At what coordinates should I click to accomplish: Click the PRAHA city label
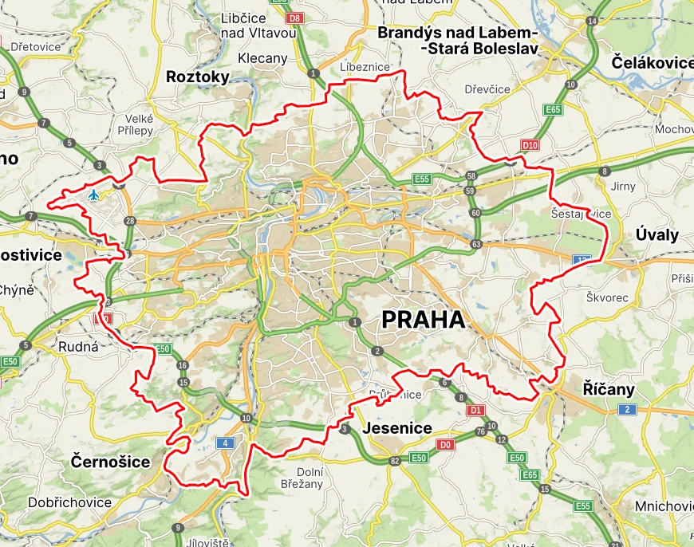(x=423, y=320)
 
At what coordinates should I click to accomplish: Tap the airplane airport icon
(x=94, y=195)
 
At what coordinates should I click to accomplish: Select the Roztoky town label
(x=198, y=77)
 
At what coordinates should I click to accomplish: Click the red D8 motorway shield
(x=295, y=17)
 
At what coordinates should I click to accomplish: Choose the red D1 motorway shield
(x=476, y=410)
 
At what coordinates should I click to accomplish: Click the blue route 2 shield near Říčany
(x=627, y=409)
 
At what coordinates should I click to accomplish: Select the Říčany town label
(x=609, y=389)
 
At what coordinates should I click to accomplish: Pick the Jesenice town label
(x=397, y=428)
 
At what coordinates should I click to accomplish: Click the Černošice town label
(x=110, y=462)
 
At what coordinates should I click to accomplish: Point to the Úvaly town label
(x=657, y=234)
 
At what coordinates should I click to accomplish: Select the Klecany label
(x=262, y=58)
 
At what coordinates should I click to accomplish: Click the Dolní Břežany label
(x=302, y=476)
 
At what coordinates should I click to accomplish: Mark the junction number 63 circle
(x=476, y=244)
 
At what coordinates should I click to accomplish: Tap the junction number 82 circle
(x=394, y=461)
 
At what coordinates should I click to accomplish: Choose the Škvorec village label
(x=607, y=297)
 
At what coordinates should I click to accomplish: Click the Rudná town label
(x=78, y=347)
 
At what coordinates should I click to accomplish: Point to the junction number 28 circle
(x=131, y=221)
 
